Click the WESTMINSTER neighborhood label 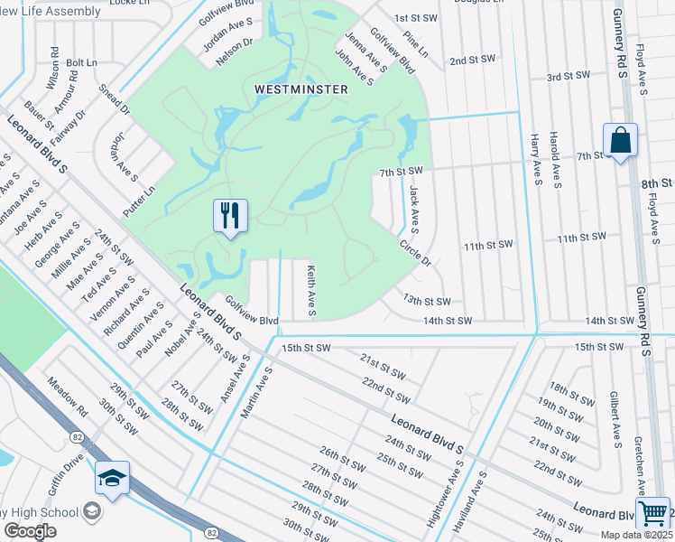pos(301,89)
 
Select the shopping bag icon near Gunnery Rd pos(620,142)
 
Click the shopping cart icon pos(652,513)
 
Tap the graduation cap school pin pos(112,479)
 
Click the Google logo pos(30,530)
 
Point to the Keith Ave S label pos(310,290)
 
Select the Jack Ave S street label pos(413,207)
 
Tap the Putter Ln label pos(140,201)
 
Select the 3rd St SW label pos(567,78)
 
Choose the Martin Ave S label pos(255,397)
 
